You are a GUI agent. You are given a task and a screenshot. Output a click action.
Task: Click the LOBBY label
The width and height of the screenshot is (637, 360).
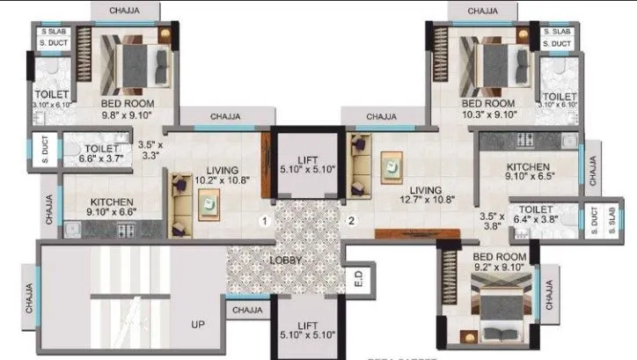point(287,261)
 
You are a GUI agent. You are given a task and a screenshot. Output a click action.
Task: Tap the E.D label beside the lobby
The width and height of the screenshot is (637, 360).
point(358,281)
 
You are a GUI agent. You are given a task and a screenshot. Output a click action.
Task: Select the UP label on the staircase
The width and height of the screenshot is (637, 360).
point(198,325)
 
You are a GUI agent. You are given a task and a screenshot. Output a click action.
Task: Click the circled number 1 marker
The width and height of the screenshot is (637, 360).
point(262,221)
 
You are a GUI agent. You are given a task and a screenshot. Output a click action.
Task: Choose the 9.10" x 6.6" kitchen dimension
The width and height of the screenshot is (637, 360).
point(99,211)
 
